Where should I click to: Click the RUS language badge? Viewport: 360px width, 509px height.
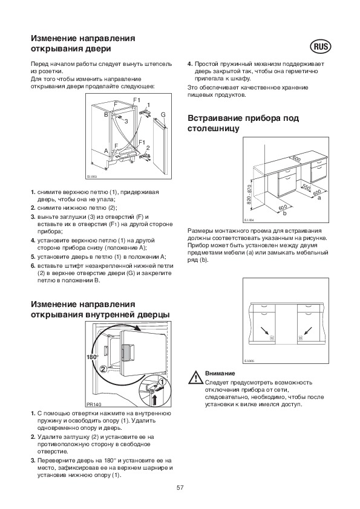click(x=321, y=47)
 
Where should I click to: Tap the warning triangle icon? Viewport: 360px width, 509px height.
click(x=195, y=378)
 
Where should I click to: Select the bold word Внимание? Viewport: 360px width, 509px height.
click(x=220, y=374)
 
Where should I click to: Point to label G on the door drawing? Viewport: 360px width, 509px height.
click(x=163, y=115)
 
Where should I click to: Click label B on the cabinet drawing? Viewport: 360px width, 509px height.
click(x=106, y=114)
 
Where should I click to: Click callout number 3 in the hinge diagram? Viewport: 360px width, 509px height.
click(x=126, y=121)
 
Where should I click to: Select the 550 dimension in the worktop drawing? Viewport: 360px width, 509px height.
click(x=306, y=187)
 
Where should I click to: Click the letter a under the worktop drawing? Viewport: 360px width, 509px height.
click(x=319, y=197)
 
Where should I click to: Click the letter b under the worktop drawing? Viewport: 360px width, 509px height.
click(x=285, y=213)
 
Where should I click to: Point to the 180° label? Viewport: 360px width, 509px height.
click(x=93, y=357)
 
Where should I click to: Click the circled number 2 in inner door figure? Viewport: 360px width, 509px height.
click(x=103, y=369)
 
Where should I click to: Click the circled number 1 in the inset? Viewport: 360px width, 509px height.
click(x=163, y=383)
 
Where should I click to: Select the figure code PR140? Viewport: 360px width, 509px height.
click(x=94, y=404)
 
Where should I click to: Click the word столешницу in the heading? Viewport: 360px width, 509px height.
click(x=214, y=129)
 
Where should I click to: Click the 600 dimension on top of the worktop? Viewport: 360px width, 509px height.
click(x=296, y=159)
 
